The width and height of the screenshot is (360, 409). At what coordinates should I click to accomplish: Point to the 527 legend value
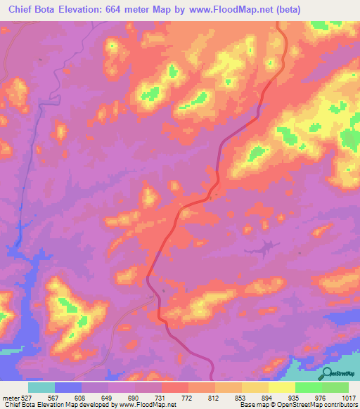[x=25, y=398]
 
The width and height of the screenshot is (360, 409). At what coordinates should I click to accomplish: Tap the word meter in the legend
[x=9, y=398]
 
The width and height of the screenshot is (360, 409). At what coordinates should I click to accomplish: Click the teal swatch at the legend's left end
[x=41, y=387]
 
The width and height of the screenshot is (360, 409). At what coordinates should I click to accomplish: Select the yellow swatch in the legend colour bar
[x=282, y=387]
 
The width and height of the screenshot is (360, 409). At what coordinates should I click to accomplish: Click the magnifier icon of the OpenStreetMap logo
[x=326, y=373]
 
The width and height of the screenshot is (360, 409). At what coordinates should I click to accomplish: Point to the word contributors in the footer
[x=341, y=405]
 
